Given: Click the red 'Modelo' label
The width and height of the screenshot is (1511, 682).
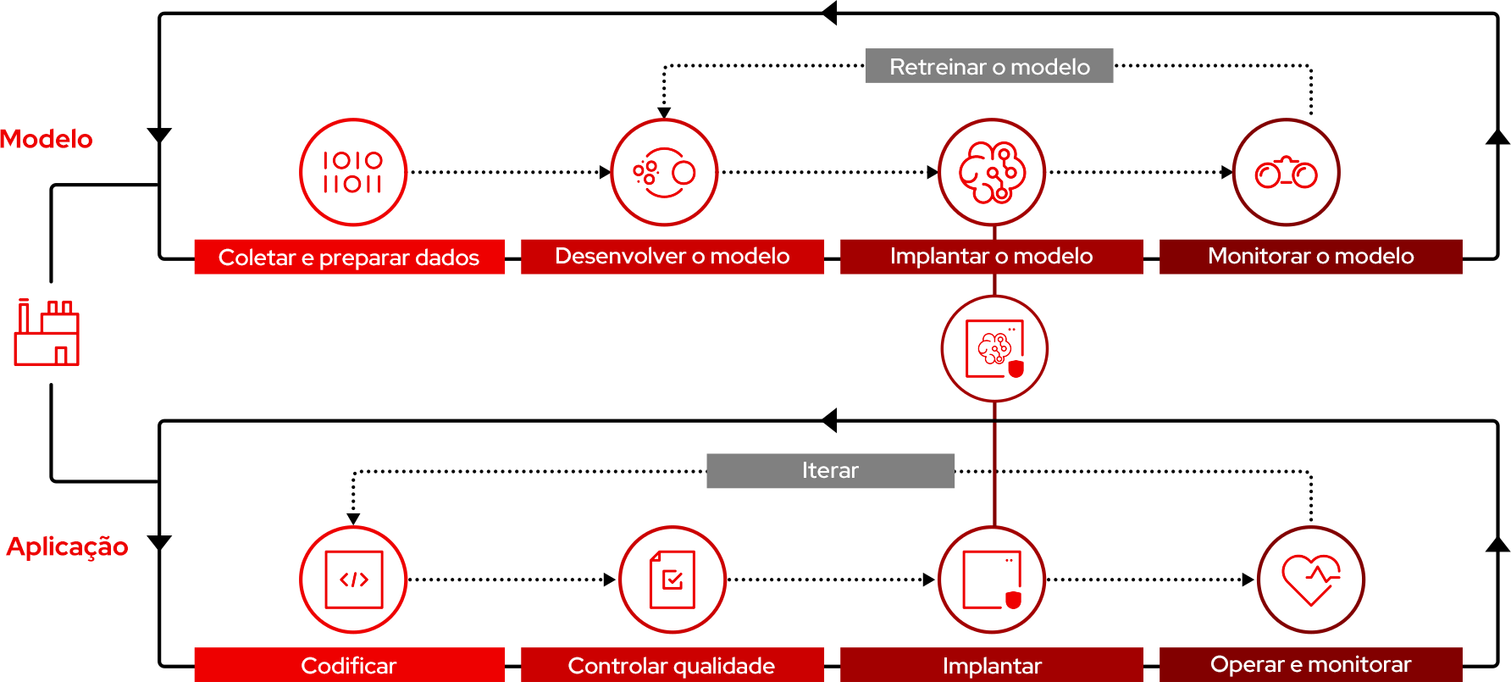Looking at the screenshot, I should coord(47,139).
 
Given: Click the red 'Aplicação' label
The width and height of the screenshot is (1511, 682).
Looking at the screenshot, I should coord(68,546).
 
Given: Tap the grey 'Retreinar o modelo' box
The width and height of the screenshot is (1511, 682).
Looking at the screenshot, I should coord(988,66).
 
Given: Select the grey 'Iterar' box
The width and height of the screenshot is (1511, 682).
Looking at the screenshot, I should coord(830,470).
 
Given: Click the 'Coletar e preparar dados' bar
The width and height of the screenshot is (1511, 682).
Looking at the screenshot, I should coord(349,257).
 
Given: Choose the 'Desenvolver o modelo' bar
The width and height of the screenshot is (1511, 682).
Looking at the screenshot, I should coord(672,256).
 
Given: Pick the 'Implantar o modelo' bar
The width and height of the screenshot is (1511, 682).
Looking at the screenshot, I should coord(991,256).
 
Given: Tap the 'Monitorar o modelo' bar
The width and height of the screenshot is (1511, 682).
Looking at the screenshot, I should coord(1310,256).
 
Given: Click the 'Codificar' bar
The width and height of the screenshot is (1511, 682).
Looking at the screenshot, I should coord(349,665).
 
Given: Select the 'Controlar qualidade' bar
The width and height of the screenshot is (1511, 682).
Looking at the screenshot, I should coord(672,665).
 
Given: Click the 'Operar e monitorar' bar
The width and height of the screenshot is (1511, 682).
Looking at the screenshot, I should coord(1310,664).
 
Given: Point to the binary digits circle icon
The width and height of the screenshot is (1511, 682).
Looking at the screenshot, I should coord(353,172).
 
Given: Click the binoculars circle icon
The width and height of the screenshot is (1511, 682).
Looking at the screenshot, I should coord(1286,172).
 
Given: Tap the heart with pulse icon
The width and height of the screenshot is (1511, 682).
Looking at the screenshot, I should coord(1310,579).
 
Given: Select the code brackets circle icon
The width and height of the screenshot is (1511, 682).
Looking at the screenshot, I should coord(353,579).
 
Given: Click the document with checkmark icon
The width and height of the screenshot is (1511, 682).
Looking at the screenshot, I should coord(672,579).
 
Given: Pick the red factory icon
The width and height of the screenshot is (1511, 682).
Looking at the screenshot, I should coord(47,332).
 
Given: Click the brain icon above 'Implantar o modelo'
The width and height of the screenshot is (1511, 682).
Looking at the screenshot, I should coord(992,172).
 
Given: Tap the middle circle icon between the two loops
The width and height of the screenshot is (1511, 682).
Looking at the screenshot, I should coord(994,348).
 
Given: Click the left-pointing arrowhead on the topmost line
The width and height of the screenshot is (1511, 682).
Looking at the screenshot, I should coord(829,13).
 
